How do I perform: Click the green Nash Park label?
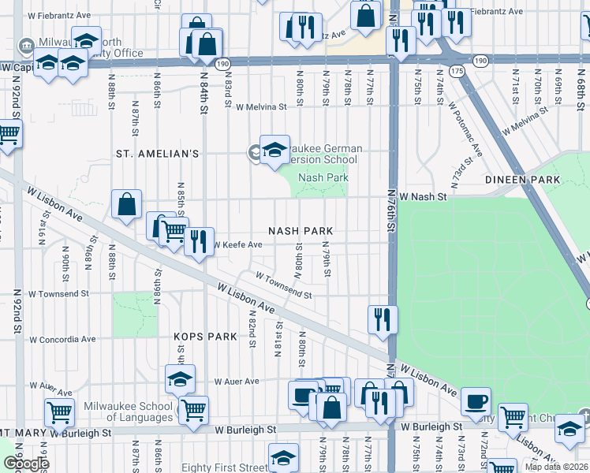[323, 178]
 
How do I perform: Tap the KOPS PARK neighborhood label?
[205, 337]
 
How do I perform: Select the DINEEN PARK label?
[528, 180]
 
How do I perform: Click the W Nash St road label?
[423, 196]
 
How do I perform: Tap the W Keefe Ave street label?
[238, 245]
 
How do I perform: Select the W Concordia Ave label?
[62, 340]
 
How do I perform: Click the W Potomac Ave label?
[465, 129]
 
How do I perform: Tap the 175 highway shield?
[457, 71]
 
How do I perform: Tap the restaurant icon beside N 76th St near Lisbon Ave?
[383, 319]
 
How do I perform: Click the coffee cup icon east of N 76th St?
[476, 401]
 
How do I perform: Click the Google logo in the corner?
[25, 464]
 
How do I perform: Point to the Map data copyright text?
[558, 467]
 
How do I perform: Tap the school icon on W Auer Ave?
[181, 378]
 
